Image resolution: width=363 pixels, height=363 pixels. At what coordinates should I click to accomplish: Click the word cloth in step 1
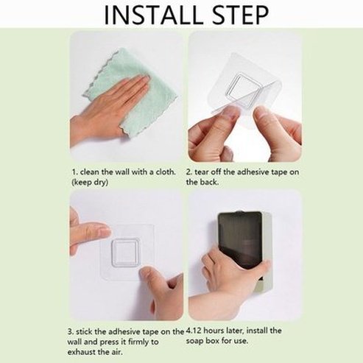[x=166, y=172]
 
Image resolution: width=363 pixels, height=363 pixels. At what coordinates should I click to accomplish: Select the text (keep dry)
[x=90, y=183]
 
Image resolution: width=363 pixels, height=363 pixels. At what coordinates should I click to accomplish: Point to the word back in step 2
[x=209, y=182]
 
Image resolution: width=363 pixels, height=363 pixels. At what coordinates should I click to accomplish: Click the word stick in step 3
[x=84, y=332]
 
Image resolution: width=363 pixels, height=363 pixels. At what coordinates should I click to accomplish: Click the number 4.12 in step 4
[x=194, y=331]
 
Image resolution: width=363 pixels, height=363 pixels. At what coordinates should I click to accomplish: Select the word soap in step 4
[x=194, y=342]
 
